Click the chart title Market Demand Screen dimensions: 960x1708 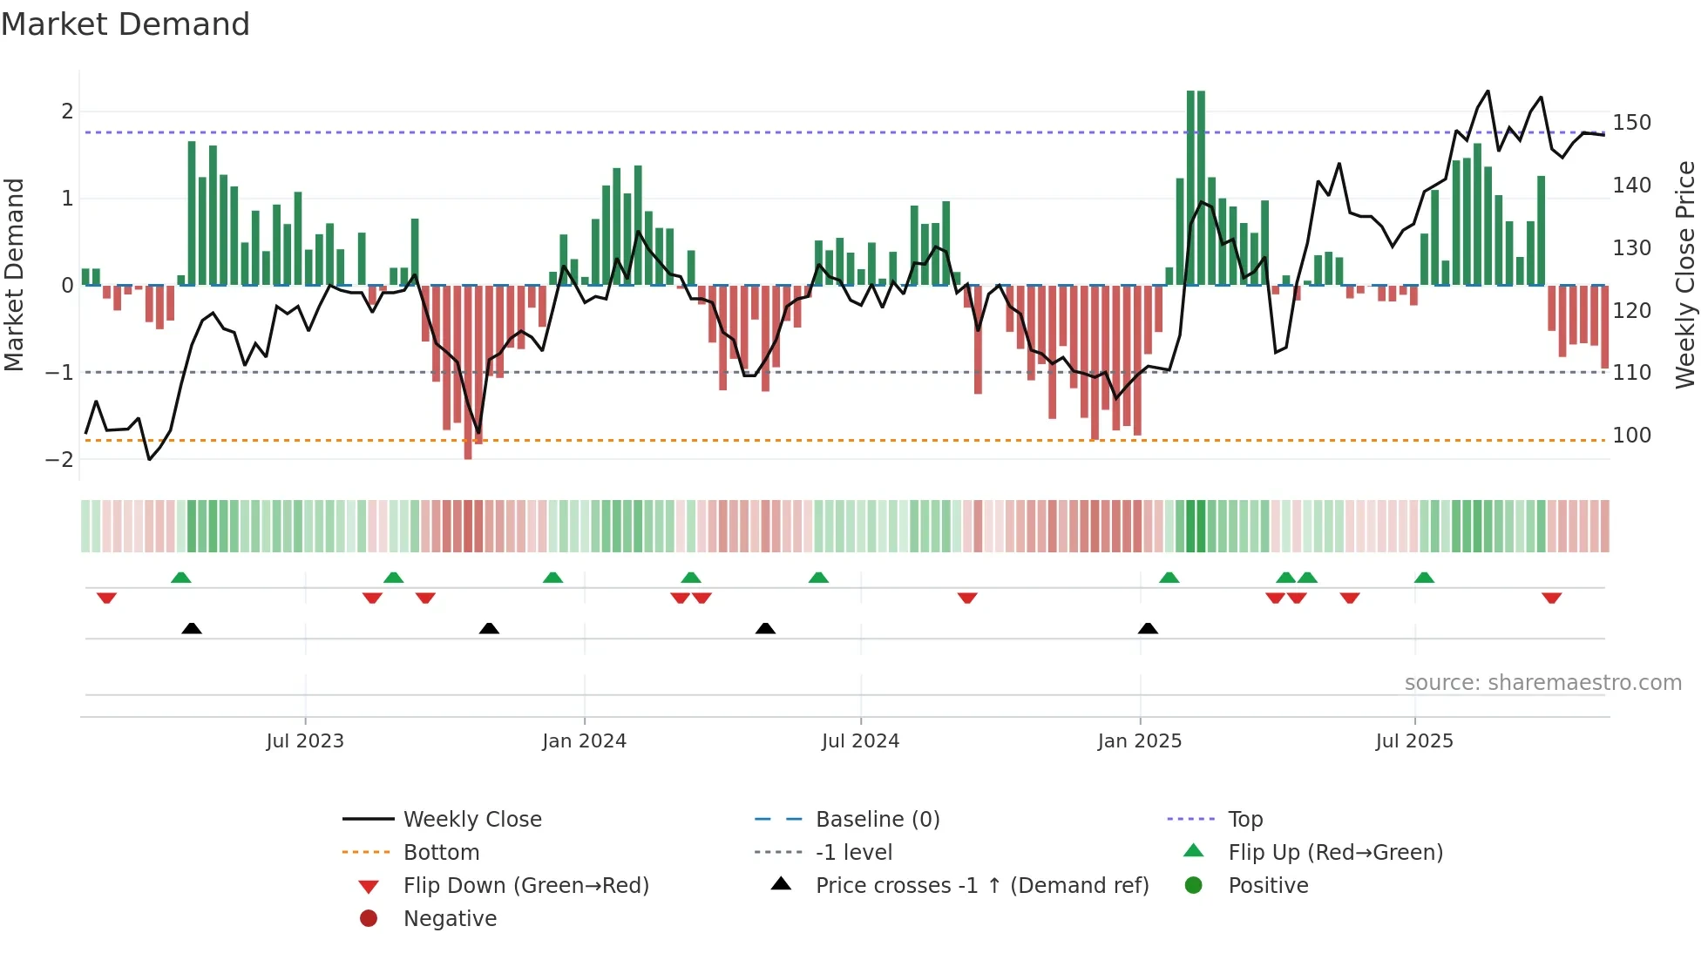click(x=125, y=24)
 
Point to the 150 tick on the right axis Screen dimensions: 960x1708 click(x=1631, y=123)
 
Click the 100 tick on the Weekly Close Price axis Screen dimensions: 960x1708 click(x=1631, y=435)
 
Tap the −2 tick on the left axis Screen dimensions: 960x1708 click(x=59, y=459)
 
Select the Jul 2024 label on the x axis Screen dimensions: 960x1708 click(x=860, y=741)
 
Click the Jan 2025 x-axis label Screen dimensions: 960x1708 click(x=1139, y=741)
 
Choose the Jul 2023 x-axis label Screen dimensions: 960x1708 click(x=305, y=741)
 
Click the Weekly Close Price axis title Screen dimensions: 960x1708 click(x=1685, y=274)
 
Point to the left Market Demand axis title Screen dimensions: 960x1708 click(x=14, y=274)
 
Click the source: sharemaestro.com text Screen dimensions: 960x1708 click(x=1542, y=683)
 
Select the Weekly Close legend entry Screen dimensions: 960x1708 click(x=471, y=820)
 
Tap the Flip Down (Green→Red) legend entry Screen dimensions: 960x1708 click(x=525, y=886)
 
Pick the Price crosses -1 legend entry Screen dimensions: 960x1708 click(x=981, y=886)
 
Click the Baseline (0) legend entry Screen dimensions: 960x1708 click(x=877, y=820)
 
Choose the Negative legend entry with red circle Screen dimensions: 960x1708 click(x=449, y=919)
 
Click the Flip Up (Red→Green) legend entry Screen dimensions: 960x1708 click(x=1335, y=853)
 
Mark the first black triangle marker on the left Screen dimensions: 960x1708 click(x=192, y=629)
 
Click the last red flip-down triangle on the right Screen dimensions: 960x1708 click(x=1551, y=598)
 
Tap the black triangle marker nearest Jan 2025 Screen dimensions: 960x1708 click(x=1148, y=629)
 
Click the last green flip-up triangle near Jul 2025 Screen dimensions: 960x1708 click(x=1424, y=578)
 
